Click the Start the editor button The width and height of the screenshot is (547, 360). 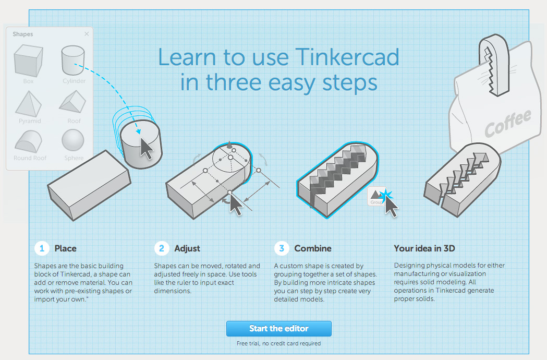[279, 329]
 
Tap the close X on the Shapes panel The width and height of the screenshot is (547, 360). [87, 34]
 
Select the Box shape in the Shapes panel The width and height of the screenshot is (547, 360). [28, 61]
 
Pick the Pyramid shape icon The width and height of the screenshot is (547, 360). [28, 104]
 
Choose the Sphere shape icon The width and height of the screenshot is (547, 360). [73, 140]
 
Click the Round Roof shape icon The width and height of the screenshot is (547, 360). [28, 141]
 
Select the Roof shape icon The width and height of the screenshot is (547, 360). [72, 102]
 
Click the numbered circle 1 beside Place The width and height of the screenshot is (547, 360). [42, 248]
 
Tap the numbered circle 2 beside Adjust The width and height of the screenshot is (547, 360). [162, 248]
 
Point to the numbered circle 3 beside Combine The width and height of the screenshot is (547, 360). [282, 248]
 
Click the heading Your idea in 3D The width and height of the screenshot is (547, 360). [424, 248]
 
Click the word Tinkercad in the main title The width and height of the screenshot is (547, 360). [347, 57]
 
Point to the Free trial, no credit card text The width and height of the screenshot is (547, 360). [279, 343]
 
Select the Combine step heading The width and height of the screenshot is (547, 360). [313, 248]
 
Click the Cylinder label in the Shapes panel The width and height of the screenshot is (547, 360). [74, 81]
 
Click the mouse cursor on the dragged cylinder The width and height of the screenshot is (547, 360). [147, 148]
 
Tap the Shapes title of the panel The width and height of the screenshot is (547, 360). [22, 34]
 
